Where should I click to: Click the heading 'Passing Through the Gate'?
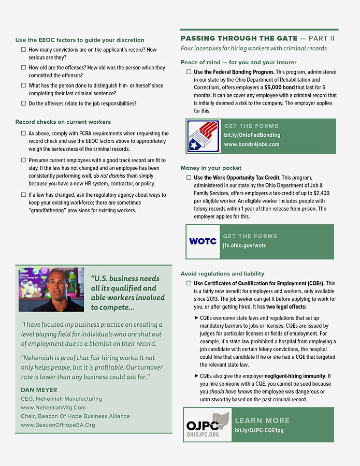pyautogui.click(x=239, y=38)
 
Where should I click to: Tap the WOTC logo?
pyautogui.click(x=203, y=241)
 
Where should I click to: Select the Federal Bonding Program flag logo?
pyautogui.click(x=203, y=136)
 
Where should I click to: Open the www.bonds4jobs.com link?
pyautogui.click(x=251, y=144)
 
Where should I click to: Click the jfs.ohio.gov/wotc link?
pyautogui.click(x=244, y=245)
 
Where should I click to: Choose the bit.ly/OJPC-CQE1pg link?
pyautogui.click(x=259, y=430)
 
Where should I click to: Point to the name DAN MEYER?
pyautogui.click(x=40, y=389)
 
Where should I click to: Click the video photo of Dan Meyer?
pyautogui.click(x=51, y=289)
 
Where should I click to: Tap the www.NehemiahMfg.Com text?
pyautogui.click(x=53, y=407)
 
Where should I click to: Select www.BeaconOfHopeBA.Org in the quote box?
pyautogui.click(x=58, y=425)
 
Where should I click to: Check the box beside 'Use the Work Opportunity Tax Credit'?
pyautogui.click(x=189, y=178)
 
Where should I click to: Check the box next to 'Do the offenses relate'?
pyautogui.click(x=23, y=103)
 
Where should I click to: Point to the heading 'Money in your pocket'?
pyautogui.click(x=211, y=168)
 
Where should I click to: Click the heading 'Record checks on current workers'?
pyautogui.click(x=63, y=122)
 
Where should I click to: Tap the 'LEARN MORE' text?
pyautogui.click(x=262, y=420)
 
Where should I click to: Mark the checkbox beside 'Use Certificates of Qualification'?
pyautogui.click(x=189, y=284)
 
